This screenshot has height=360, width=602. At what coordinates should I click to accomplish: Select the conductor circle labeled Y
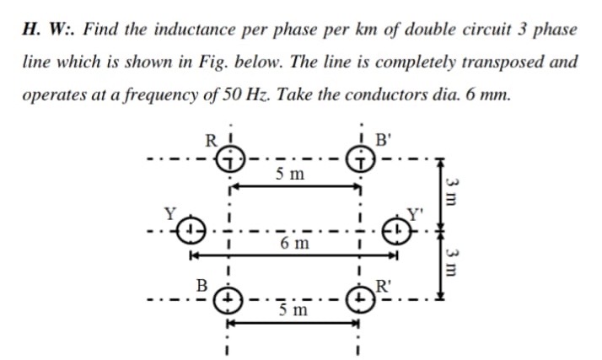(x=194, y=228)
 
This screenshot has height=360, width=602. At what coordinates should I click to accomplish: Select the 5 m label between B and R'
(x=293, y=312)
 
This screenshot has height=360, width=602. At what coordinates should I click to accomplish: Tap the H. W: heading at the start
(x=46, y=29)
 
